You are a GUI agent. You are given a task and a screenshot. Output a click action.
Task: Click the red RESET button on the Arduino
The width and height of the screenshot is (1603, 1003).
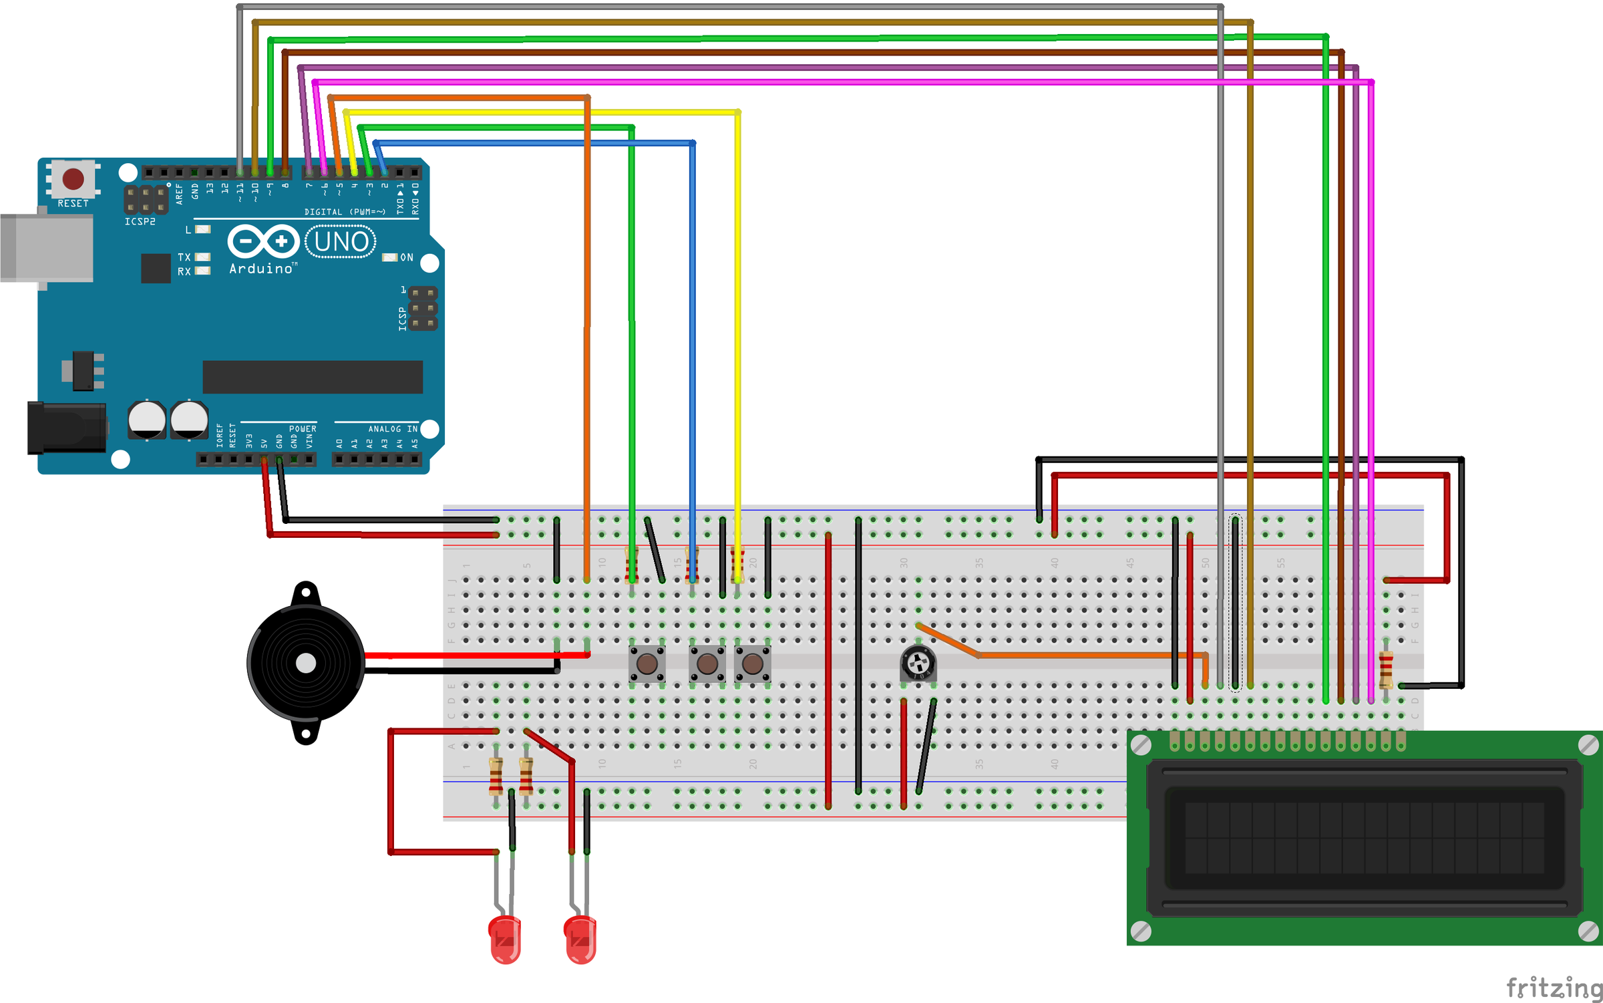[73, 178]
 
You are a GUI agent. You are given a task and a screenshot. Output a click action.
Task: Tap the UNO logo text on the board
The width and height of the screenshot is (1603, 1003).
[341, 242]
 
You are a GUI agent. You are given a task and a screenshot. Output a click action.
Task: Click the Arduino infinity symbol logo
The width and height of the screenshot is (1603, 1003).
[263, 241]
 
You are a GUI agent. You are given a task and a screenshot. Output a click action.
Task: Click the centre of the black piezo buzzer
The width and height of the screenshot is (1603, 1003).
[306, 663]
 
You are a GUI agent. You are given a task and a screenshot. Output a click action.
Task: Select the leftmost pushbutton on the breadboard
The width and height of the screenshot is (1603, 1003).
[647, 664]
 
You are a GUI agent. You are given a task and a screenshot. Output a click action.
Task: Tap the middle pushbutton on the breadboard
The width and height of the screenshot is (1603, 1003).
[707, 664]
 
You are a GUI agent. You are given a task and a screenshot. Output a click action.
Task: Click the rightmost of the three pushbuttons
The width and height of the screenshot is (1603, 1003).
[753, 664]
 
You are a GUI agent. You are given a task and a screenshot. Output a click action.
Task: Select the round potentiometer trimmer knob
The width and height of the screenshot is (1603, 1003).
[918, 664]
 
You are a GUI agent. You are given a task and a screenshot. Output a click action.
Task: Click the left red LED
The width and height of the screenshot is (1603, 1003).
[505, 940]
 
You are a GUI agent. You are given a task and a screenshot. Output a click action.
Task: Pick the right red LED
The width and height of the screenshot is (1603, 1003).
[580, 940]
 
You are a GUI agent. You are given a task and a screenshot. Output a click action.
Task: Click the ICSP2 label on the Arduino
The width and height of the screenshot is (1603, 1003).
[140, 221]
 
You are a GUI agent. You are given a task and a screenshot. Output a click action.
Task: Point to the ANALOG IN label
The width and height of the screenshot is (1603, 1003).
[393, 429]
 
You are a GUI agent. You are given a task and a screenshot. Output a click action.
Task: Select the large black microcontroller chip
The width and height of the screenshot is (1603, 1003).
[313, 377]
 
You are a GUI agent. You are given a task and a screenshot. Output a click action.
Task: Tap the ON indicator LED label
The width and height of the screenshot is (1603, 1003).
[407, 257]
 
